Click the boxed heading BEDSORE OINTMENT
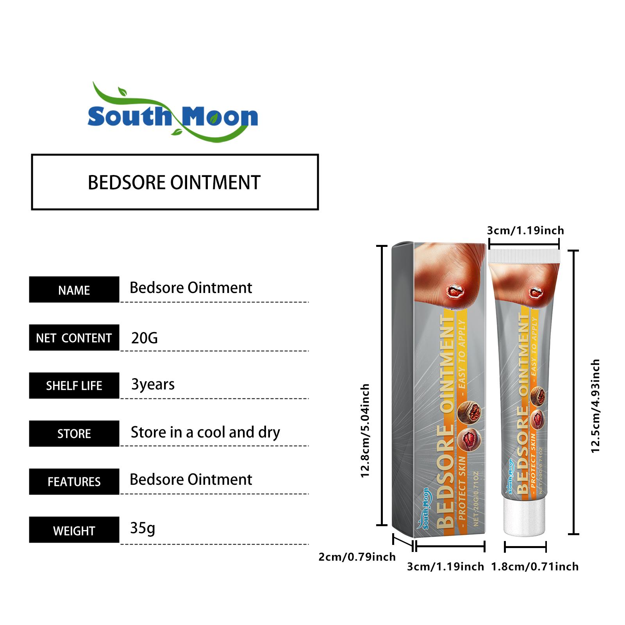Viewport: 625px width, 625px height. click(x=175, y=182)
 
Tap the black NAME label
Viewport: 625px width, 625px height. click(x=74, y=290)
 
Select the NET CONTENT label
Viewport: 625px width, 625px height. click(x=74, y=338)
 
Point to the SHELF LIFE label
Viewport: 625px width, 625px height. click(x=74, y=386)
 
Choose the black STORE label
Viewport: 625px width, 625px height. click(x=74, y=434)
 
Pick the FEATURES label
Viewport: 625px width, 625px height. click(x=74, y=482)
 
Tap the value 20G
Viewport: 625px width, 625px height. click(x=145, y=338)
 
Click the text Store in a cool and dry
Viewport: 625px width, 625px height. click(x=205, y=432)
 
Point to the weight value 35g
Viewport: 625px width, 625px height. click(x=143, y=528)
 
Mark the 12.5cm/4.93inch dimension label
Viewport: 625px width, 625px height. click(x=595, y=406)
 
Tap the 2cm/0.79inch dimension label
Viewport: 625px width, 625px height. click(x=357, y=557)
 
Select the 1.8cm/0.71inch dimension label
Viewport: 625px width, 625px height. click(x=535, y=566)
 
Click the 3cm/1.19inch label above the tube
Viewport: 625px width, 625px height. click(x=525, y=230)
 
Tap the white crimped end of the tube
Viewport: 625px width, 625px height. click(x=524, y=256)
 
